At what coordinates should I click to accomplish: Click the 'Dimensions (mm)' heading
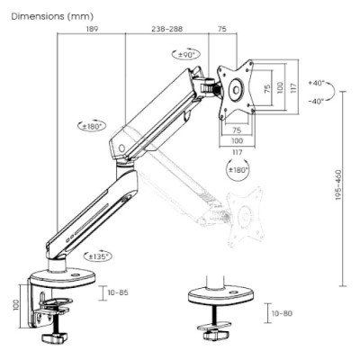point(52,16)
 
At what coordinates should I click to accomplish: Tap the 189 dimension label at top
point(92,29)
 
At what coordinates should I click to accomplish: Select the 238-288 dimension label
point(166,29)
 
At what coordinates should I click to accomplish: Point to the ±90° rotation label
point(186,55)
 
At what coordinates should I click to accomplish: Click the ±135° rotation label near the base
point(98,256)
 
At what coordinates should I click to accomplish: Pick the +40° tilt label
point(317,83)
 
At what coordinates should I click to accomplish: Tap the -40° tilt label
point(317,101)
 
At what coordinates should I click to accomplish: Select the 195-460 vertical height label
point(338,185)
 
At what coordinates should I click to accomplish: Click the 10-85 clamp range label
point(118,292)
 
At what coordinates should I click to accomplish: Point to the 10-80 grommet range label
point(282,313)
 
